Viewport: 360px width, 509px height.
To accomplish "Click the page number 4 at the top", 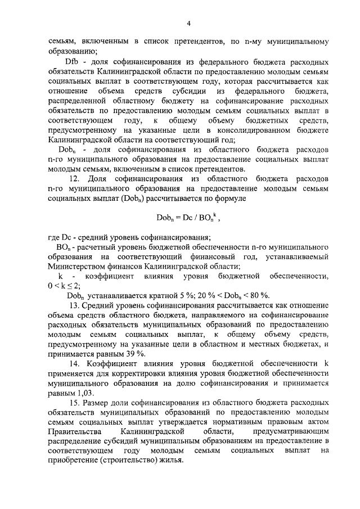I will [189, 24].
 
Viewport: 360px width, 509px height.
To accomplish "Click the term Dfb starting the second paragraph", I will [72, 61].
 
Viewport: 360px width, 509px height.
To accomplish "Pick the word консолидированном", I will [251, 129].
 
